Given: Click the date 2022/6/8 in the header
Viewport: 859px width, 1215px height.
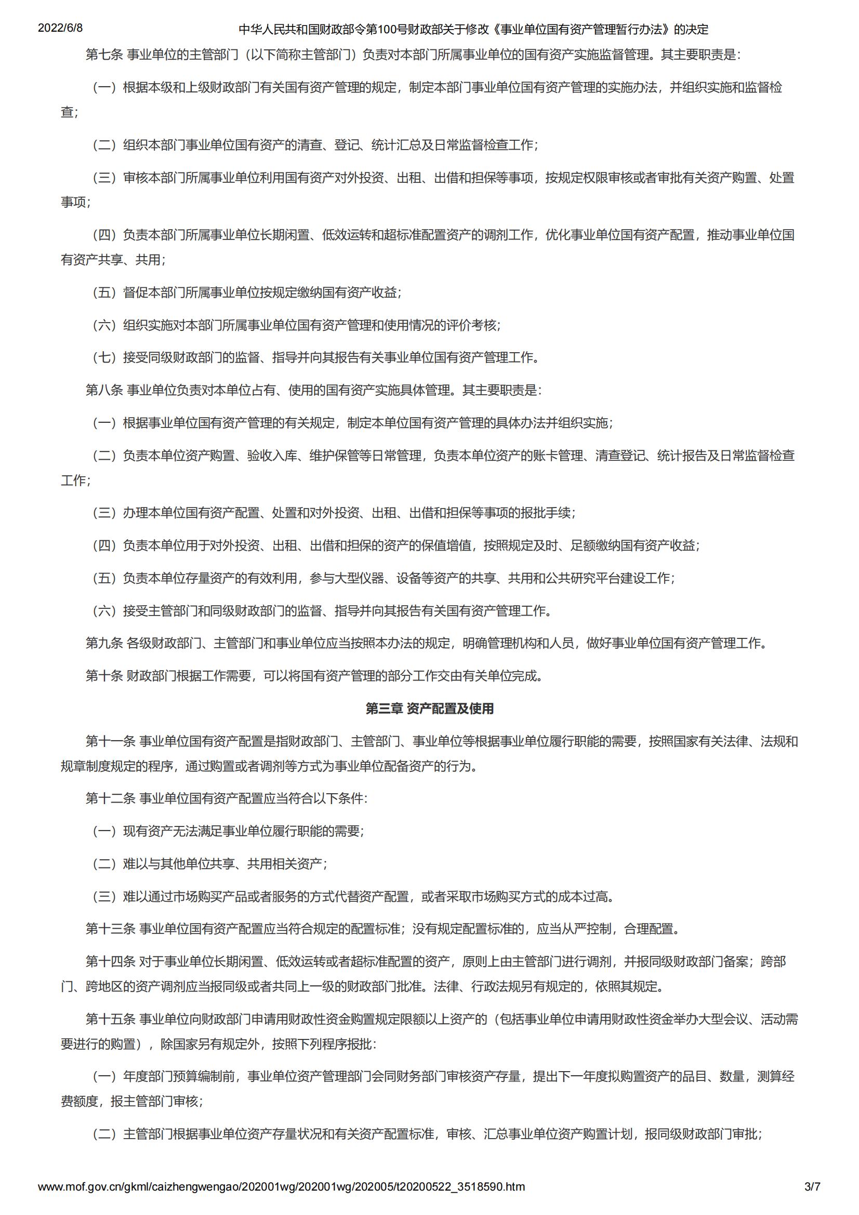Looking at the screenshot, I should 60,28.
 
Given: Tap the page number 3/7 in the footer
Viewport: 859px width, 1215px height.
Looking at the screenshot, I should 812,1187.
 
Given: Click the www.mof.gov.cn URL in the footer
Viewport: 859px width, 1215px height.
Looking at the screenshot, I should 281,1187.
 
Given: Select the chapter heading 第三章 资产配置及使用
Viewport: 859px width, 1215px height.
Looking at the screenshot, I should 429,709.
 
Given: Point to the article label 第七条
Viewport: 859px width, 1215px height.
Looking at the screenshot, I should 104,55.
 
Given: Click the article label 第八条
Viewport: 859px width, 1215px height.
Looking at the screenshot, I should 104,390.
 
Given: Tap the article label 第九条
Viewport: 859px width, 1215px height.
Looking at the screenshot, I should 104,643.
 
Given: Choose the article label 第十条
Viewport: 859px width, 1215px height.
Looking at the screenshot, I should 104,676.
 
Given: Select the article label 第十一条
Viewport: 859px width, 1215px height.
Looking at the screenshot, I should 111,741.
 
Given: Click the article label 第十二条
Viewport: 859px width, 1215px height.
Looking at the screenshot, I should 111,798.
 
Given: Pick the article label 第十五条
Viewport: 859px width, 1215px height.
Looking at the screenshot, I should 111,1019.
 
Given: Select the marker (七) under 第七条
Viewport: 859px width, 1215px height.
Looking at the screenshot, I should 104,358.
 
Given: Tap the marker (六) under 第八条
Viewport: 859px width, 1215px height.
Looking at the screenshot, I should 104,611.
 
